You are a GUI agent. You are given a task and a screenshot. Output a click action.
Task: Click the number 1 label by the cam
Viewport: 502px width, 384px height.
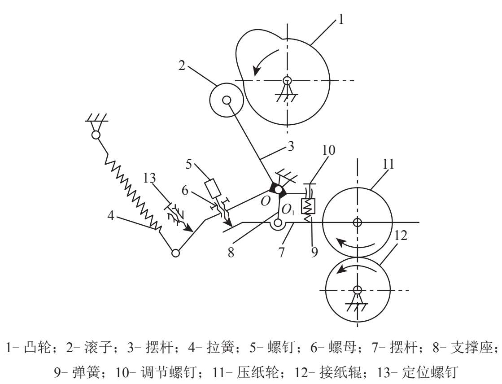click(x=341, y=20)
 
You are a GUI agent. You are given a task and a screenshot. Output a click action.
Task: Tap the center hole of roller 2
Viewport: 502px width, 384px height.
click(x=227, y=100)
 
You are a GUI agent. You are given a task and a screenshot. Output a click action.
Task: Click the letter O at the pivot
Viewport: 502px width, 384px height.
click(x=266, y=201)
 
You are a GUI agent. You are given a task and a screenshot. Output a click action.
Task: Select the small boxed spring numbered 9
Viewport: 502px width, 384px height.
click(x=309, y=206)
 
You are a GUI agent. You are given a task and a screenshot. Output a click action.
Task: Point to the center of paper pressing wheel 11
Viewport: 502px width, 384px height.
click(x=357, y=222)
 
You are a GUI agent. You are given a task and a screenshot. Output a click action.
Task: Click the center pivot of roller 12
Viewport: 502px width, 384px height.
click(x=357, y=289)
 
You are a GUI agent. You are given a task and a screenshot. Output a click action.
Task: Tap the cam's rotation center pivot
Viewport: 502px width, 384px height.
click(x=287, y=81)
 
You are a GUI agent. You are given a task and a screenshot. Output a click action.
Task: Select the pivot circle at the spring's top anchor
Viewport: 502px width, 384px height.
click(x=96, y=134)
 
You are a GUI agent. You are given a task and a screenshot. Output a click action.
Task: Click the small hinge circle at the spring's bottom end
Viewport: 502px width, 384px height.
click(x=175, y=253)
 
